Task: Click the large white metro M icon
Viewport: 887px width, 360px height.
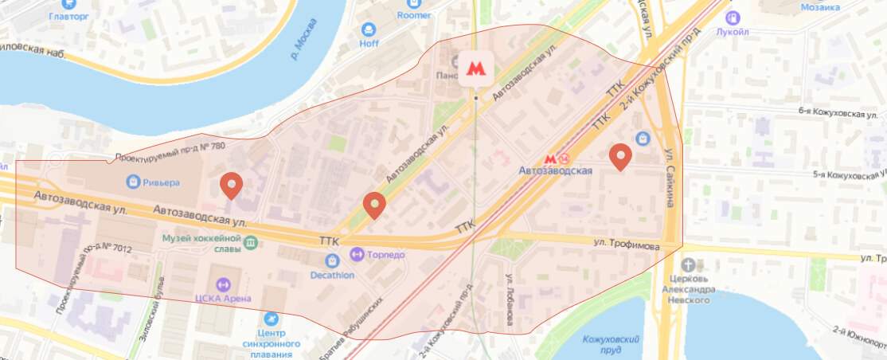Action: tap(475, 69)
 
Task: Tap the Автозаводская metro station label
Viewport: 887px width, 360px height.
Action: tap(555, 170)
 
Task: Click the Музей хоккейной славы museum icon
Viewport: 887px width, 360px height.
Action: tap(251, 242)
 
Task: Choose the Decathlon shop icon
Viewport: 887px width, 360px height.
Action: tap(333, 260)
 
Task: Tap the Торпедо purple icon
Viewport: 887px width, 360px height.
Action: tap(358, 255)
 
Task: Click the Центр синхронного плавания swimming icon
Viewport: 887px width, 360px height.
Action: tap(272, 319)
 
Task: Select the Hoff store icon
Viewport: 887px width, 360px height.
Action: tap(369, 29)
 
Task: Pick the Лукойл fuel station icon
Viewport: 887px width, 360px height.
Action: tap(733, 17)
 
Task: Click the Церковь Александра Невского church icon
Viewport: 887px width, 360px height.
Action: tap(689, 265)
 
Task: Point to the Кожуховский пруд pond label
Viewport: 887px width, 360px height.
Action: tap(612, 344)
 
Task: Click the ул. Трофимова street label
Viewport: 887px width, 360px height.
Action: tap(627, 246)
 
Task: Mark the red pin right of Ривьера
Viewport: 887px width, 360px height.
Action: tap(232, 186)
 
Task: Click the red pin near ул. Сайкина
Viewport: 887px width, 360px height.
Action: tap(620, 157)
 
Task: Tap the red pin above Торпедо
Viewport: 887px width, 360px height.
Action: tap(374, 205)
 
